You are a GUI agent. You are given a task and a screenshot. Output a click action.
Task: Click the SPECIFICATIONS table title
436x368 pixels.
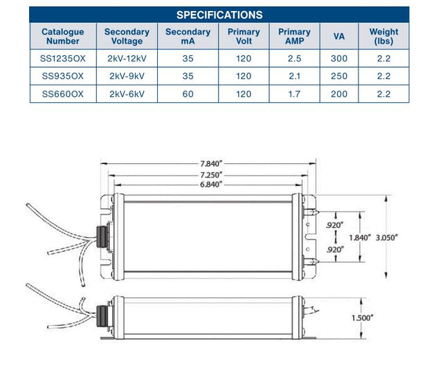[219, 15]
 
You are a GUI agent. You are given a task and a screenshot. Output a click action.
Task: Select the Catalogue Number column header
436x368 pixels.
[62, 36]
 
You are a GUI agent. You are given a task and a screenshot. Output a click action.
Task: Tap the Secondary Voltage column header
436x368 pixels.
[127, 36]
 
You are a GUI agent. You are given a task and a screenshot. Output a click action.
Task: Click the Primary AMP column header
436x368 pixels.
[294, 36]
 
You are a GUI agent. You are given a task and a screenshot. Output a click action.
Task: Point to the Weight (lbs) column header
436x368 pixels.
[383, 36]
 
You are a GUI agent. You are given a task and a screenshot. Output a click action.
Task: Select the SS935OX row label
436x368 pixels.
[62, 76]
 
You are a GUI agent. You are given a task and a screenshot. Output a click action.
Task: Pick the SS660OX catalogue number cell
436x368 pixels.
[62, 94]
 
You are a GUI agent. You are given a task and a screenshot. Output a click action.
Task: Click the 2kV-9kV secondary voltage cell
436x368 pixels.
[127, 76]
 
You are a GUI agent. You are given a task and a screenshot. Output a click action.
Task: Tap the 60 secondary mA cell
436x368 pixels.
[188, 94]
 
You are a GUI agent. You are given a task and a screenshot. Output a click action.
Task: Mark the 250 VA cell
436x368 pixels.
[339, 76]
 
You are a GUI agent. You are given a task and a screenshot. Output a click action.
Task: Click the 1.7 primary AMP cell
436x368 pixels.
[294, 94]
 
